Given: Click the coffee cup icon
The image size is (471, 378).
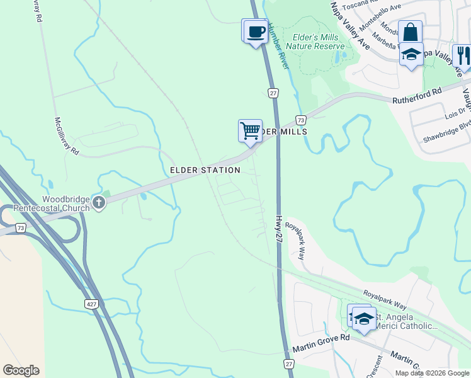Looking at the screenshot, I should pyautogui.click(x=256, y=31).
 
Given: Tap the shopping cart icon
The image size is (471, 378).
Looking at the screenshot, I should pyautogui.click(x=251, y=131).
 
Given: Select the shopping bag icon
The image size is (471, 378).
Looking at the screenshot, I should pyautogui.click(x=410, y=32).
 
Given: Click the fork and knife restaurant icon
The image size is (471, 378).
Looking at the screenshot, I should pyautogui.click(x=462, y=55).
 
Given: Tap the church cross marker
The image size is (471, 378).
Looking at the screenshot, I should pyautogui.click(x=98, y=203).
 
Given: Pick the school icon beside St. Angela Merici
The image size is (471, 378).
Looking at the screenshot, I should pyautogui.click(x=363, y=318).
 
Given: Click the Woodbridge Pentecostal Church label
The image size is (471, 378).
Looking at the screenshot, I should pyautogui.click(x=66, y=203).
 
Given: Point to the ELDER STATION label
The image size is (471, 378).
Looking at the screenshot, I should pyautogui.click(x=205, y=170).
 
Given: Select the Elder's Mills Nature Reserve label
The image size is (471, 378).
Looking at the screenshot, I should pyautogui.click(x=315, y=42).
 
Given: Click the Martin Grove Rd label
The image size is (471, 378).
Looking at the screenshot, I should pyautogui.click(x=321, y=343).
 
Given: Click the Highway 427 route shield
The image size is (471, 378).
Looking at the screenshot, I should pyautogui.click(x=91, y=304).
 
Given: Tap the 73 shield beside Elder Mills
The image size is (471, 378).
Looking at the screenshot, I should pyautogui.click(x=301, y=120).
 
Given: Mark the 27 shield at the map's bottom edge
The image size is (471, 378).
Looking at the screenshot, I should pyautogui.click(x=289, y=364).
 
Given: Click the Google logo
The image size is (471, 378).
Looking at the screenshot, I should pyautogui.click(x=21, y=370).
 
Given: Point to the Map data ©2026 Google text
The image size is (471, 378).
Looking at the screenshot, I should pyautogui.click(x=432, y=373).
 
